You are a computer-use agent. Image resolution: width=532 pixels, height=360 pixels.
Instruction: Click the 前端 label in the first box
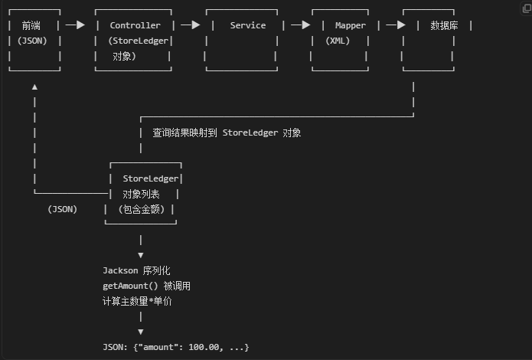34,25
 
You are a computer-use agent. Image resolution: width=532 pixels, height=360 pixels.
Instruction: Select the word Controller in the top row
135,25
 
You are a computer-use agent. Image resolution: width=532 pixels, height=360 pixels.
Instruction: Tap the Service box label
248,25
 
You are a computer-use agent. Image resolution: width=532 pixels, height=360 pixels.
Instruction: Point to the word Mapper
350,25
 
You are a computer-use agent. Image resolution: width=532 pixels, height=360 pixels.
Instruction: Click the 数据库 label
444,25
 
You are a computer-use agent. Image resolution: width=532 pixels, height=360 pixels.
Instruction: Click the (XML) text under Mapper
338,41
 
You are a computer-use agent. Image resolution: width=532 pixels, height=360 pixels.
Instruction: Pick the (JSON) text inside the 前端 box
34,41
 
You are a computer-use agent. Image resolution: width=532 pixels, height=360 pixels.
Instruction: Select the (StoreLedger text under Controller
139,41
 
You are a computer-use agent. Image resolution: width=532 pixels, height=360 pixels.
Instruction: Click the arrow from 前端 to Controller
75,25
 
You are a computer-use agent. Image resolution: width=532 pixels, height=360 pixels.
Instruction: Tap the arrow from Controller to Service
190,25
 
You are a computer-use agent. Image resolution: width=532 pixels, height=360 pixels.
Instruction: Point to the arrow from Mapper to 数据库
395,25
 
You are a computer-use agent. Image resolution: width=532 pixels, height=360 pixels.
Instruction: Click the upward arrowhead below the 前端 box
34,87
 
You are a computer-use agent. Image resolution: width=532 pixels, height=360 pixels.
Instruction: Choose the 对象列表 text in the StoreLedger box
141,194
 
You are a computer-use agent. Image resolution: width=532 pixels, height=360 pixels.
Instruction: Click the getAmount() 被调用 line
146,286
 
